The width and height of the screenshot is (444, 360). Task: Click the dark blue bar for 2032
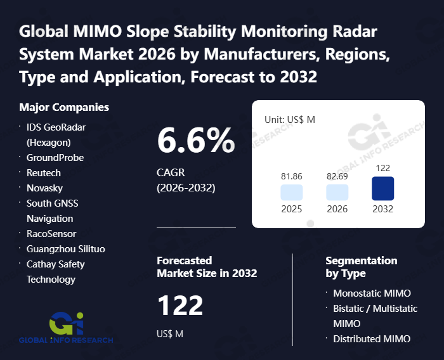pos(382,188)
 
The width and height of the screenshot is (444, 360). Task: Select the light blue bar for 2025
pos(291,193)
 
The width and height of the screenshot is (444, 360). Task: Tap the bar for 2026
pos(337,193)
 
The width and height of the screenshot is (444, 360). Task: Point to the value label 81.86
pos(291,175)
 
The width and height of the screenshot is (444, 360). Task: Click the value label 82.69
pos(337,175)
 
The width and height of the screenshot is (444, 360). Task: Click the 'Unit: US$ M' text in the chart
pos(289,119)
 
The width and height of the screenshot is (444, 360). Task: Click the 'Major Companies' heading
pos(64,107)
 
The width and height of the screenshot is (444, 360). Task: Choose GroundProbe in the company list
pos(55,157)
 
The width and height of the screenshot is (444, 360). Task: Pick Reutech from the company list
pos(44,172)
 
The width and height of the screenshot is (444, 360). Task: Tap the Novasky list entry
pos(44,188)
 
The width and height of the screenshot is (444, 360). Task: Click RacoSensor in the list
pos(51,233)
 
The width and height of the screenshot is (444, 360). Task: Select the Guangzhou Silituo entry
pos(65,248)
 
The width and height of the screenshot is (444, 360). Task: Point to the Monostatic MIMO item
pos(372,293)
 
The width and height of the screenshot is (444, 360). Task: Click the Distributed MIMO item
pos(372,338)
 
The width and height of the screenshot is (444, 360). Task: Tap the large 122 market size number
pos(180,306)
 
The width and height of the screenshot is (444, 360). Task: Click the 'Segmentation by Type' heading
pos(361,267)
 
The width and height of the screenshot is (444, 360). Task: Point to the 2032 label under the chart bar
pos(382,209)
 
